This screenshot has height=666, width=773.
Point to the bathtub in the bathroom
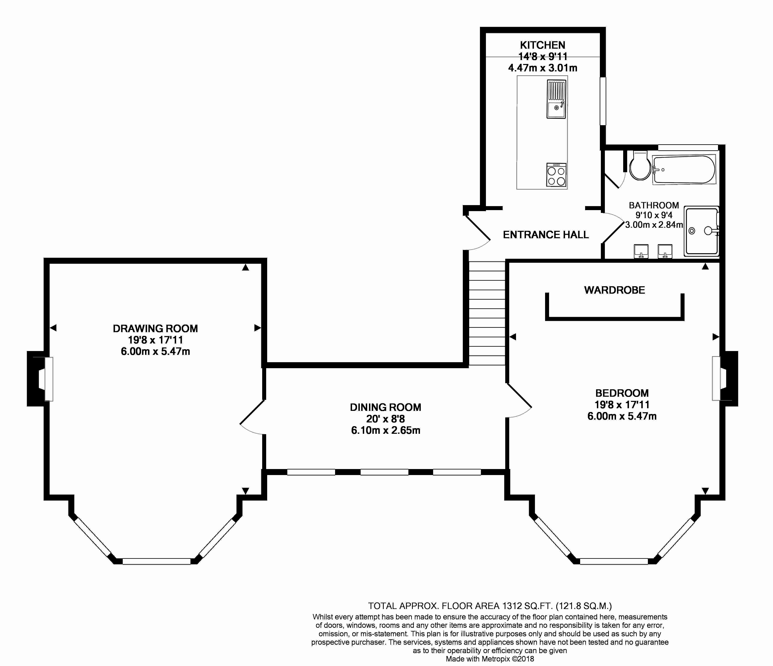684,170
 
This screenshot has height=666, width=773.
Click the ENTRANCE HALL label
545,235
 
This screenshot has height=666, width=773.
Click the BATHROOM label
654,205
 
